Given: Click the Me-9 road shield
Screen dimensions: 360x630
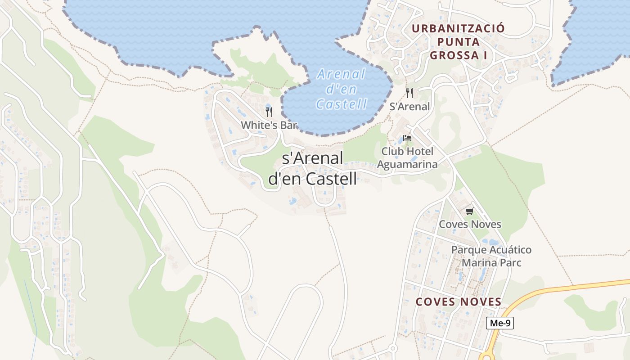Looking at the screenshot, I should tap(500, 323).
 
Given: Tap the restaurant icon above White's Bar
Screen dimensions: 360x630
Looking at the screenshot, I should tap(269, 112).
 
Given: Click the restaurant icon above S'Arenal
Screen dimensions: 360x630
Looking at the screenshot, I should tap(409, 93).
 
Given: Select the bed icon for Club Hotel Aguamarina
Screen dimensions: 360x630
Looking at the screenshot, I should tap(407, 138).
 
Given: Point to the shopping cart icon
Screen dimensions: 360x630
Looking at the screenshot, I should tap(470, 211).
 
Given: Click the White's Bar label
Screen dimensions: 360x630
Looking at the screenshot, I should tap(269, 125).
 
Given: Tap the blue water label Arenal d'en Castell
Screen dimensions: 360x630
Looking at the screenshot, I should tap(341, 89).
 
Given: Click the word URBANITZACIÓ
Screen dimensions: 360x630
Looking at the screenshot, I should tap(458, 28).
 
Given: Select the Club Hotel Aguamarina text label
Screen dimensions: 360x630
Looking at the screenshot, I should tap(407, 157).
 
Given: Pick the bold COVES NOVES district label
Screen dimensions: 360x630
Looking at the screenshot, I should tap(458, 302).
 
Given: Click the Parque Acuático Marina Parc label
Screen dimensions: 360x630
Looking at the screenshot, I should tap(491, 256).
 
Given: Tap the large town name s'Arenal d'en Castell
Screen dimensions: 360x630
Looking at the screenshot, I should tap(313, 168).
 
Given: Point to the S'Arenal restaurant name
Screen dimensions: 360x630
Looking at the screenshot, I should tap(409, 107).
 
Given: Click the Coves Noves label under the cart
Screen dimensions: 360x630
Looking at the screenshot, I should tap(470, 224).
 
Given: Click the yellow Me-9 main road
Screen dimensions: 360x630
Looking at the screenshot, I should tap(562, 288).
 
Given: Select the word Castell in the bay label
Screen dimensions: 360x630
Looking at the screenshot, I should tap(341, 104).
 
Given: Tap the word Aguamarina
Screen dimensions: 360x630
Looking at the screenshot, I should tap(407, 164).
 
